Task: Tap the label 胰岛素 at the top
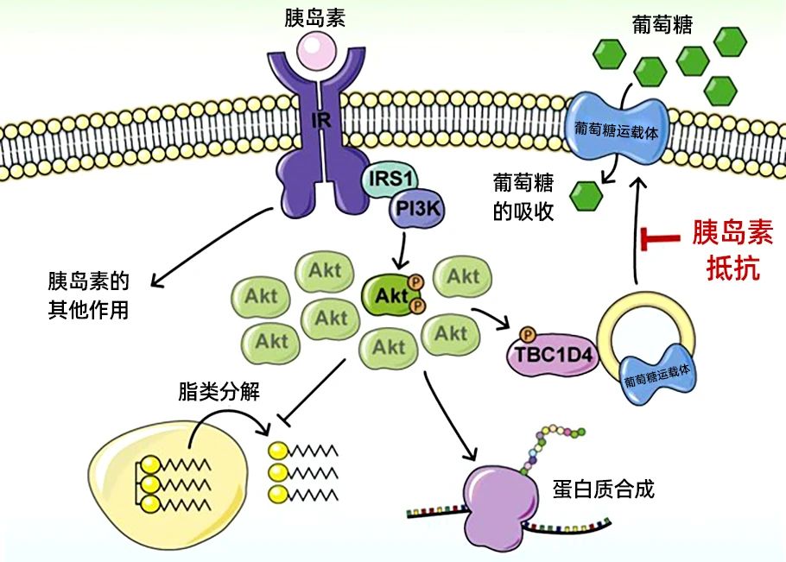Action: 314,18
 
